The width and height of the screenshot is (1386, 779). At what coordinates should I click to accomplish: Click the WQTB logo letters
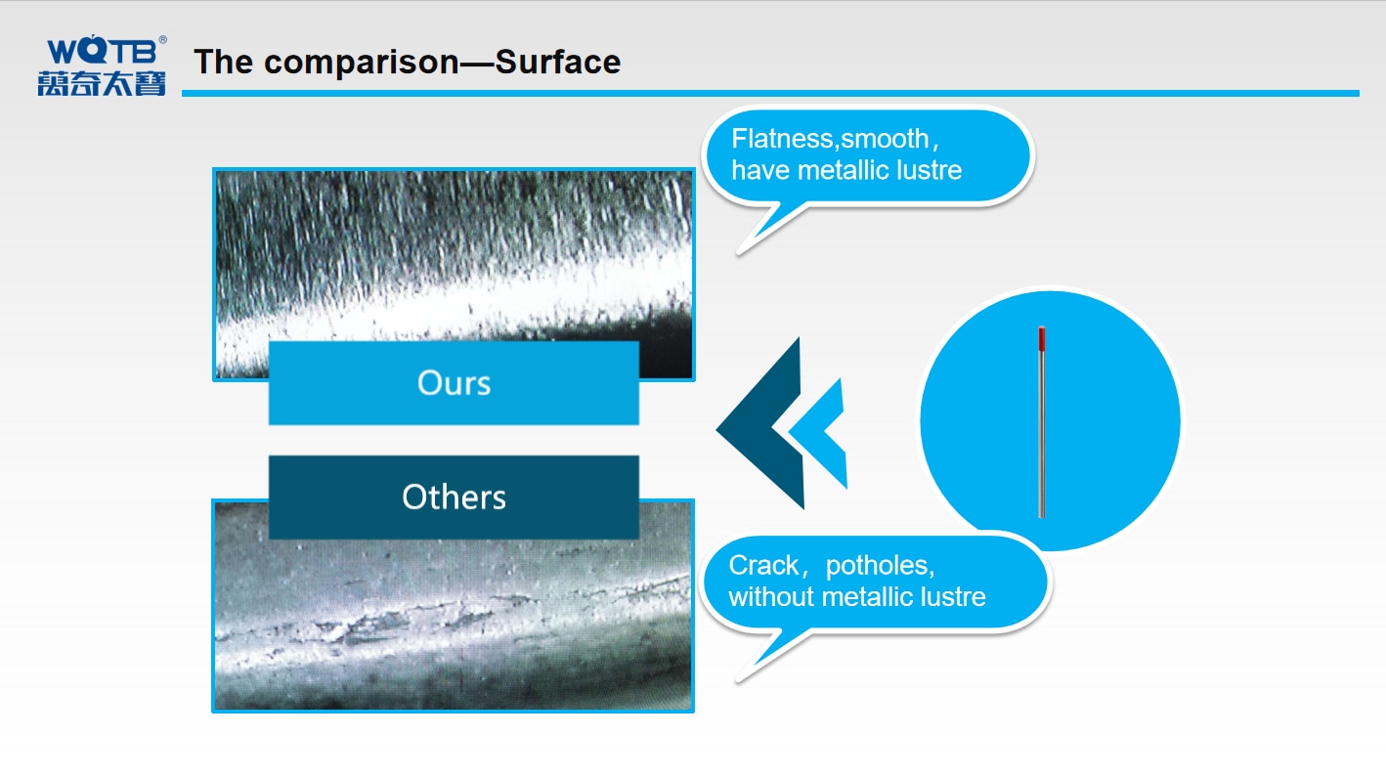[x=102, y=50]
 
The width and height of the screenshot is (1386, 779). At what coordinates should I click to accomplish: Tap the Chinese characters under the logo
[x=102, y=83]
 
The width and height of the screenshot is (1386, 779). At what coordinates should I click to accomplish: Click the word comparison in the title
[x=362, y=63]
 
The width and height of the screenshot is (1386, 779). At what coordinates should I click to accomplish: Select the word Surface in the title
[x=557, y=62]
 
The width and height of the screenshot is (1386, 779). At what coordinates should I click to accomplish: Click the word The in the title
[x=224, y=62]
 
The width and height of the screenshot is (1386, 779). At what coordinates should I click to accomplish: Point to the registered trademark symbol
[x=162, y=40]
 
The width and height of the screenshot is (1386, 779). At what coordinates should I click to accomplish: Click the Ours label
[x=454, y=382]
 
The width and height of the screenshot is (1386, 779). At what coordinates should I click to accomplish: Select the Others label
[x=454, y=497]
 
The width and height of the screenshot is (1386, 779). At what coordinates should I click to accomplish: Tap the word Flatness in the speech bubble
[x=783, y=139]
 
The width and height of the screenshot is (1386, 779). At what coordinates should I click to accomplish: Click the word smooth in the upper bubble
[x=885, y=139]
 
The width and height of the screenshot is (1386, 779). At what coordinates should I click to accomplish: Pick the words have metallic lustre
[x=846, y=170]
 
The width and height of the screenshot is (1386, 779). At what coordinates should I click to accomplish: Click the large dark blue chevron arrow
[x=759, y=424]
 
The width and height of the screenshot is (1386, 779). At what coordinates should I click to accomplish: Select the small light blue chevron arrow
[x=817, y=433]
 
